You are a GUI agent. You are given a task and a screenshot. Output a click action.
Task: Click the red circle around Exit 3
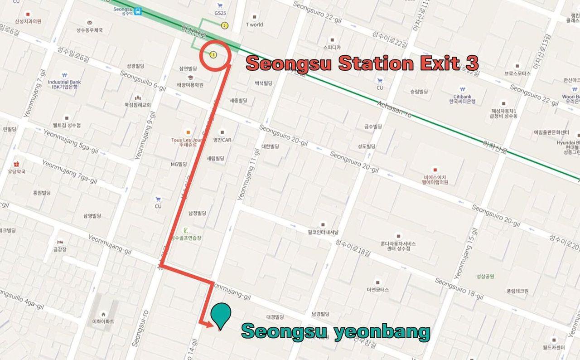click(215, 55)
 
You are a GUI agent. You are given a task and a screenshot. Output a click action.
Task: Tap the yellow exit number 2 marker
click(224, 25)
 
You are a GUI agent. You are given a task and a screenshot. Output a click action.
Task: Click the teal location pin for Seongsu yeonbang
click(221, 314)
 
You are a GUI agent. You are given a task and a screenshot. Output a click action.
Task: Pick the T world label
click(254, 24)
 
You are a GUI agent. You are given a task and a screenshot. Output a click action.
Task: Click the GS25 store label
click(220, 12)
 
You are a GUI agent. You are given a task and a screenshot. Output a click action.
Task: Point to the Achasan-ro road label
click(394, 109)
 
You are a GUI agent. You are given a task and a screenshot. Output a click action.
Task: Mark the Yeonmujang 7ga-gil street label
click(69, 171)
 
